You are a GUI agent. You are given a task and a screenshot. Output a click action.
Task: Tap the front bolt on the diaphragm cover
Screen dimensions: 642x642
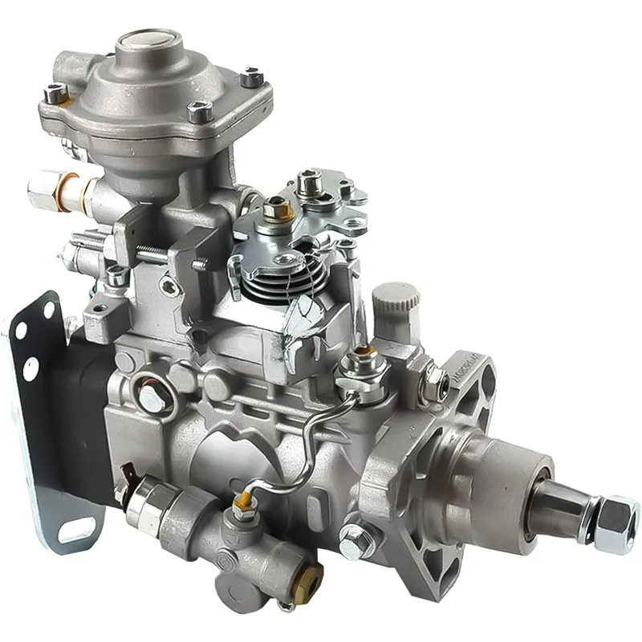[197, 116]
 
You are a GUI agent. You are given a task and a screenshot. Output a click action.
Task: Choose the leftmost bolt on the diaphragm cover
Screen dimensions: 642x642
[57, 95]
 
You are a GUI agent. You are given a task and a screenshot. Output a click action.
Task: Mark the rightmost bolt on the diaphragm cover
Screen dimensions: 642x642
[252, 78]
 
